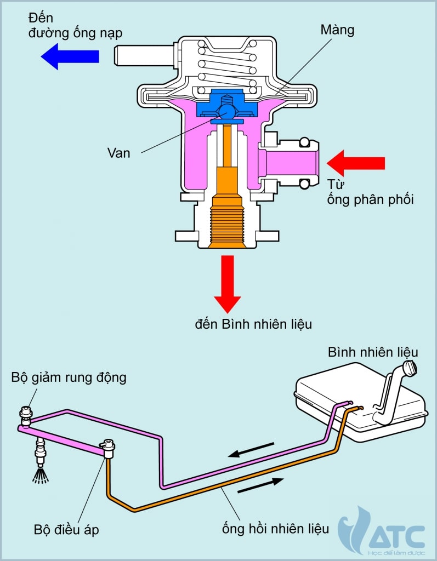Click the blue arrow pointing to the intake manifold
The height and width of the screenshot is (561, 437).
coord(70,56)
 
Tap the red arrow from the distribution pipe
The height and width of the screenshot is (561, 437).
coord(356,163)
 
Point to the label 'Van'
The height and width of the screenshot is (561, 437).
coord(119,153)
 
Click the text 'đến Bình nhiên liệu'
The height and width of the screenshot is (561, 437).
coord(253,324)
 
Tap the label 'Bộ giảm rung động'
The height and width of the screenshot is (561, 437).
coord(69,377)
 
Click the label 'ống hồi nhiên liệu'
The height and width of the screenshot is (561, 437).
coord(276,529)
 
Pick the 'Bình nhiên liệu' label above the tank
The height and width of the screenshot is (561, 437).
coord(373,352)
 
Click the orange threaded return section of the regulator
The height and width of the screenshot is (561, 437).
coord(226,222)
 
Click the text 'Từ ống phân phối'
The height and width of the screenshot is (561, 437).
coord(370,192)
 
